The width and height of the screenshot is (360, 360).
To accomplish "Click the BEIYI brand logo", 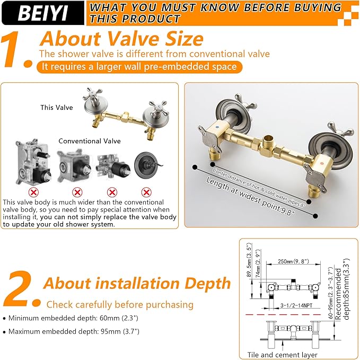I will (42, 13).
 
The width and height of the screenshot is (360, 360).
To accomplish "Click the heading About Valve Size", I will (121, 39).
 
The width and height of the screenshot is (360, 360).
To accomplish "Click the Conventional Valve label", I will (90, 141).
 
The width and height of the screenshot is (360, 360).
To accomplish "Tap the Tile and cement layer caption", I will (283, 355).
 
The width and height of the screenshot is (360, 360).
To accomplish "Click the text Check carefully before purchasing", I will (120, 304).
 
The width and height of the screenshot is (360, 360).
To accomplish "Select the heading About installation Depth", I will (137, 283).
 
